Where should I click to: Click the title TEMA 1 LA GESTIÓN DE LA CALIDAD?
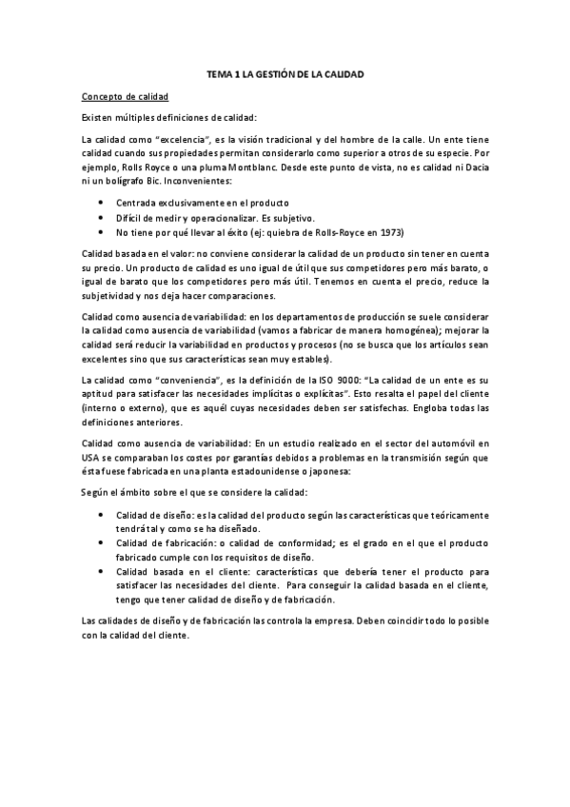tap(285, 74)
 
